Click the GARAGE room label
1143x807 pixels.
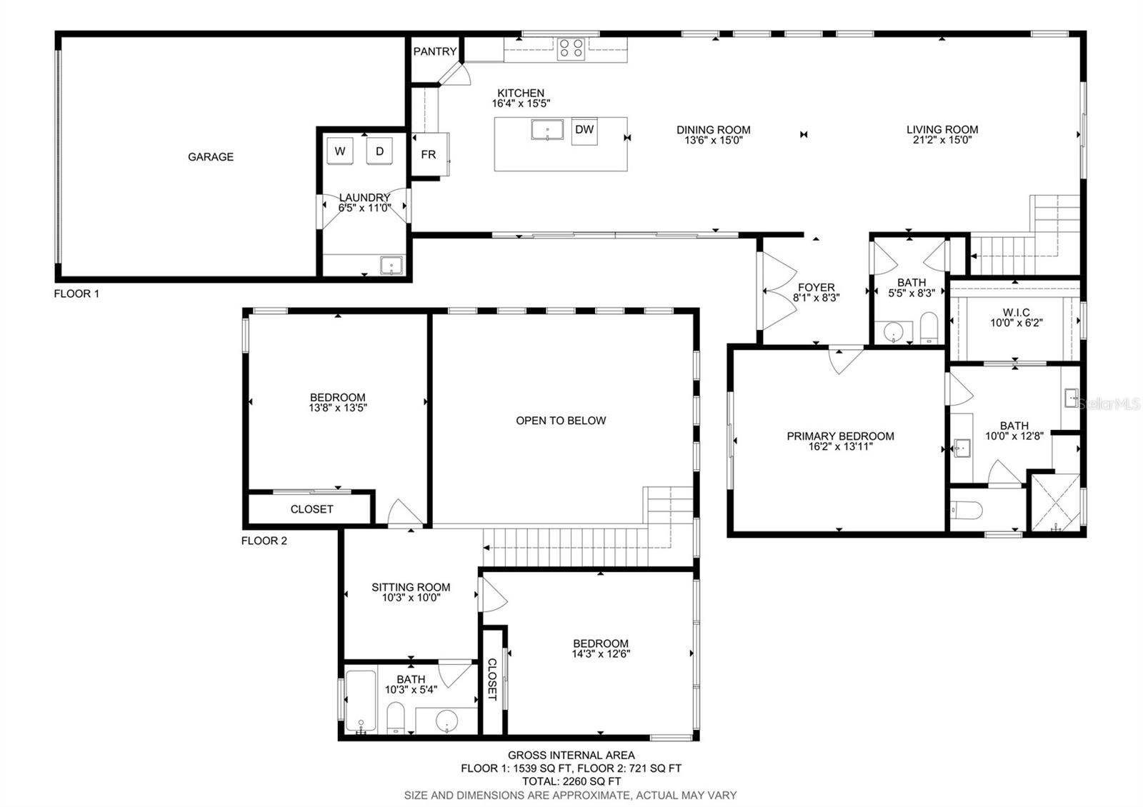click(211, 156)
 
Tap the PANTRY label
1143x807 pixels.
click(435, 51)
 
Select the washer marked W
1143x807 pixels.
click(340, 151)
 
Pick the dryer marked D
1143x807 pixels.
click(379, 151)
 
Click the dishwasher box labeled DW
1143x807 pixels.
click(584, 131)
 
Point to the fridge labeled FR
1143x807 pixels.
click(429, 154)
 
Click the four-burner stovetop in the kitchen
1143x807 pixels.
click(571, 49)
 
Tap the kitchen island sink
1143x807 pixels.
click(547, 129)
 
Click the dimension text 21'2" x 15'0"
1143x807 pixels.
click(942, 140)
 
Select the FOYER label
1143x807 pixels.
click(817, 287)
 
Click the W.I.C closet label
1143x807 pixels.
click(1016, 312)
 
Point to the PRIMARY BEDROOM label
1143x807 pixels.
click(840, 436)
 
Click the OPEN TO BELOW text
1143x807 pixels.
click(561, 421)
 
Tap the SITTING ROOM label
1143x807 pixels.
click(411, 587)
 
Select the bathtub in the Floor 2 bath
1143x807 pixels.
click(361, 701)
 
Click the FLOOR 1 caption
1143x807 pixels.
click(76, 294)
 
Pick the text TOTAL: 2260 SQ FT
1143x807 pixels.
click(571, 781)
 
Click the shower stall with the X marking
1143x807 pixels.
click(1056, 503)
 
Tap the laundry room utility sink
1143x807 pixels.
click(391, 265)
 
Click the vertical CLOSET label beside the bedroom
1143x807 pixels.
click(492, 679)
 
